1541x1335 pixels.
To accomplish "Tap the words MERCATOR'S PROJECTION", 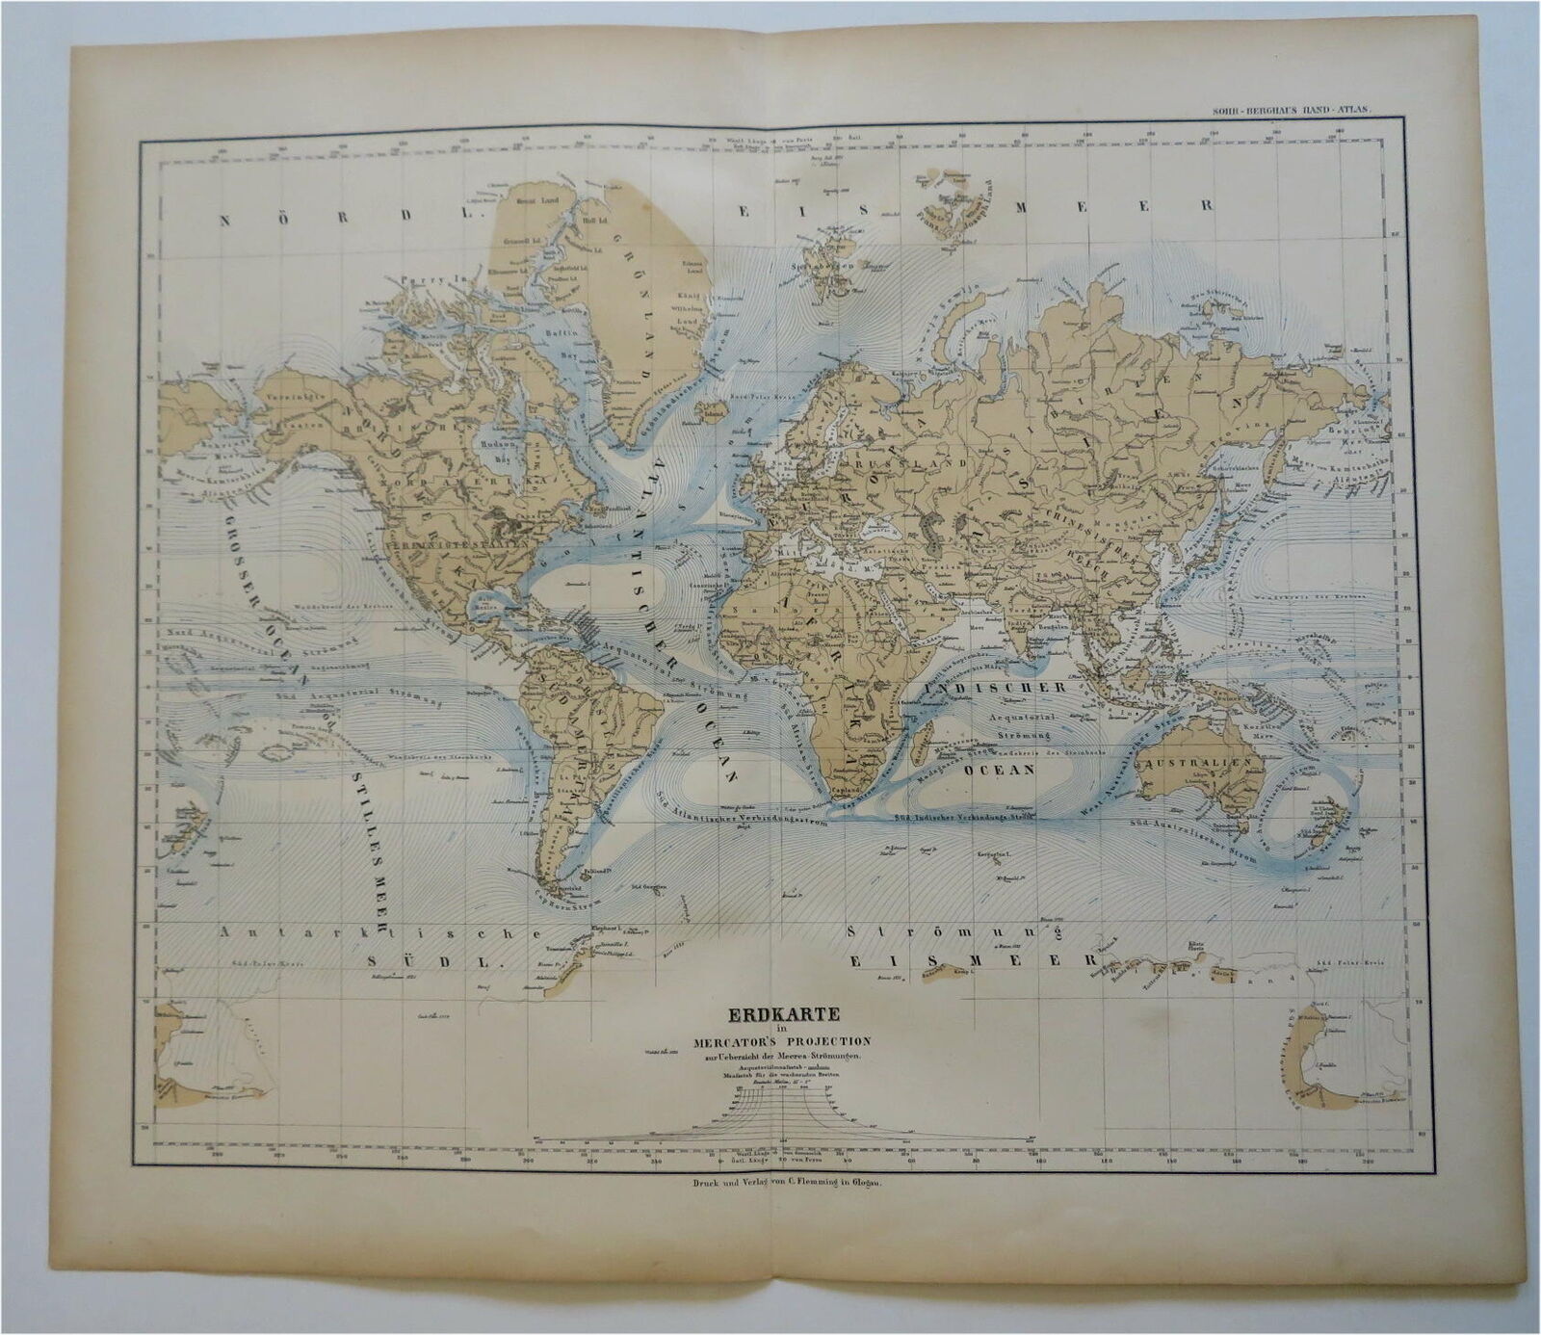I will (780, 1041).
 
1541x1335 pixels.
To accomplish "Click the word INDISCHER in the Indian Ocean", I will (994, 688).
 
